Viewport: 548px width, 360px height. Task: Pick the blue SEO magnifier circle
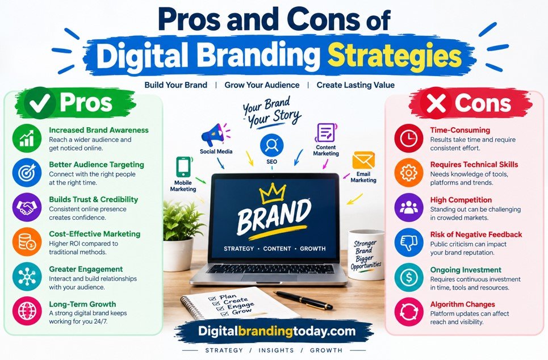click(x=271, y=145)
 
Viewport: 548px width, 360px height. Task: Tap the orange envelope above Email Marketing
click(x=363, y=161)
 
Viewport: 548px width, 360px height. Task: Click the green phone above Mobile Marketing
click(x=183, y=167)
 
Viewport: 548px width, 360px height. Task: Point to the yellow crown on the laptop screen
click(x=272, y=193)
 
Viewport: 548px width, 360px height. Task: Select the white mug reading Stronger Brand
click(x=366, y=254)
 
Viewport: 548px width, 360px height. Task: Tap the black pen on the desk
click(x=303, y=300)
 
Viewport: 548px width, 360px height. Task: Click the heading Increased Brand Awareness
click(x=99, y=130)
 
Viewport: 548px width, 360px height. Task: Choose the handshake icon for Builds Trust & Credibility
click(x=27, y=207)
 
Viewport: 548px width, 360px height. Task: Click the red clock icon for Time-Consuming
click(x=408, y=138)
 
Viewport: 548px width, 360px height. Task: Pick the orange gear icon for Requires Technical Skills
click(x=408, y=173)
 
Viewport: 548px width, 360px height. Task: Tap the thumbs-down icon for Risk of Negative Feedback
click(x=408, y=242)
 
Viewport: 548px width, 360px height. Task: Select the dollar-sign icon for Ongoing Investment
click(x=408, y=277)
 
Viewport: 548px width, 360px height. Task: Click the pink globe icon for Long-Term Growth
click(x=27, y=311)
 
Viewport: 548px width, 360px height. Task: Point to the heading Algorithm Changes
click(x=462, y=304)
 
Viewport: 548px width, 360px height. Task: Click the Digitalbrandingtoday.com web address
click(x=277, y=331)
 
